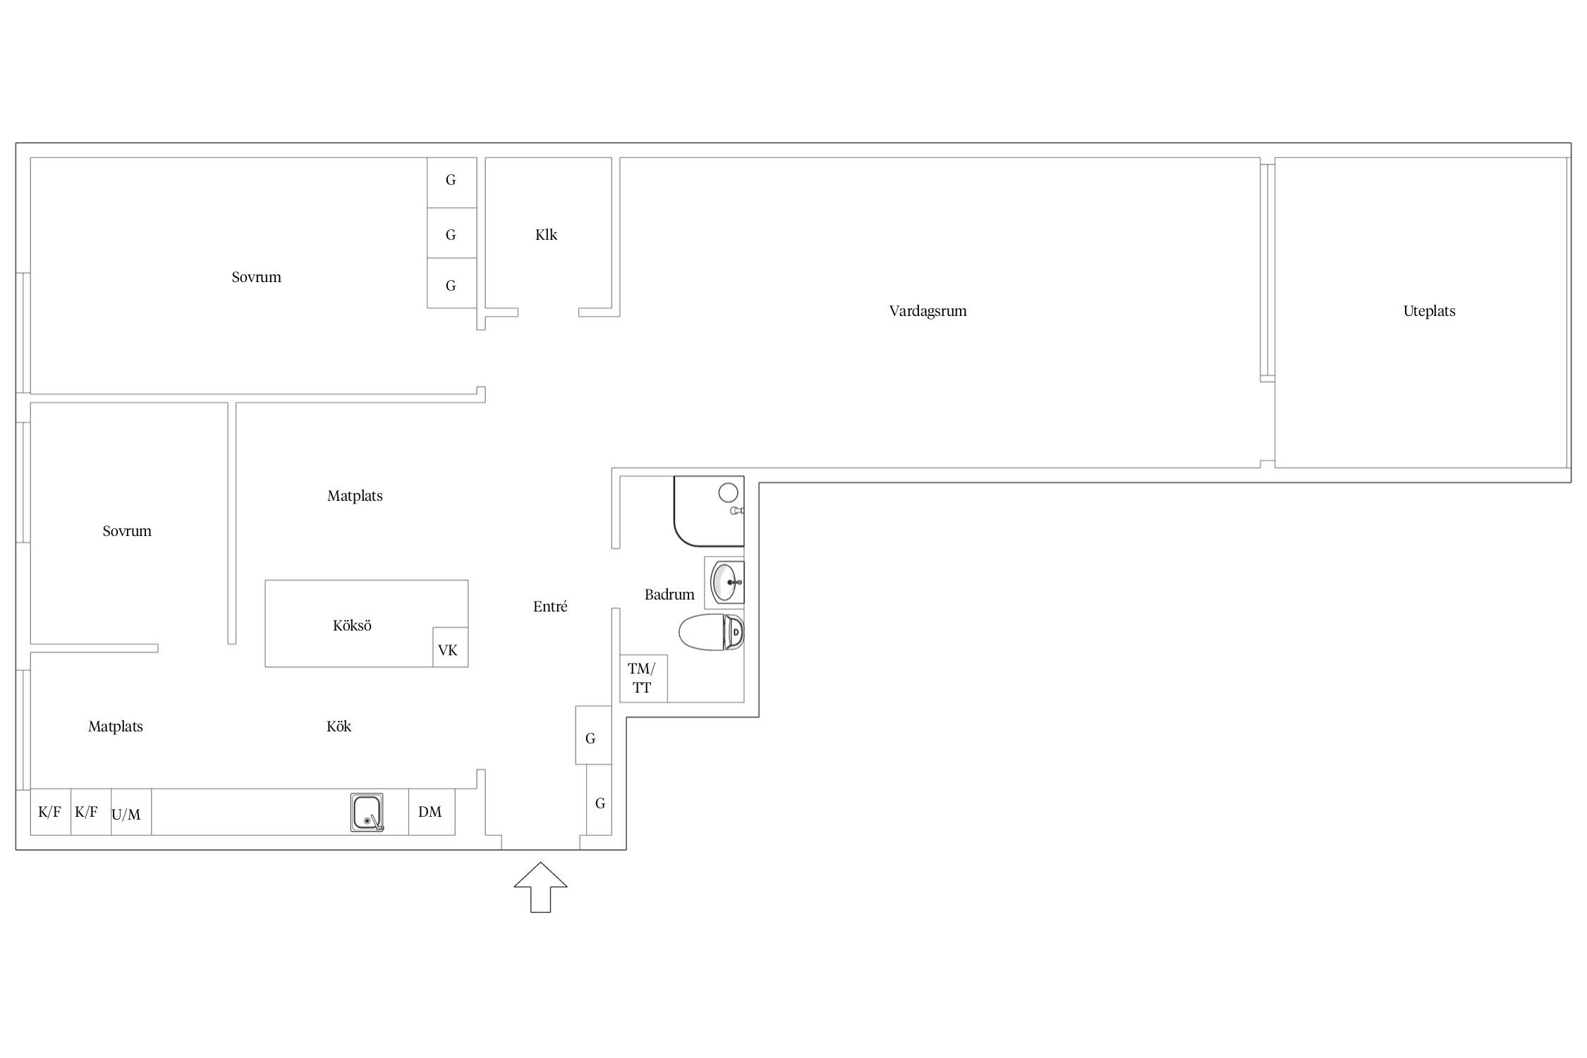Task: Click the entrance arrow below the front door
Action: coord(540,887)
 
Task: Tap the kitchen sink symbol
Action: coord(367,812)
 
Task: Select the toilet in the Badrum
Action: coord(711,632)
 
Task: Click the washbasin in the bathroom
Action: coord(727,583)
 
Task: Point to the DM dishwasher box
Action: coord(432,812)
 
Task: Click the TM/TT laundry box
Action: coord(643,679)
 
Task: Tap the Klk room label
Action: coord(546,235)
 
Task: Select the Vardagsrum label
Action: coord(928,311)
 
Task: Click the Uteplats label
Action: coord(1429,311)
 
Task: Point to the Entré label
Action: coord(550,607)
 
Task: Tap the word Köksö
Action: coord(352,626)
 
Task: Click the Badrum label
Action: coord(669,595)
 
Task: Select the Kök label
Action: coord(339,726)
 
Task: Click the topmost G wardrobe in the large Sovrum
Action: coord(452,182)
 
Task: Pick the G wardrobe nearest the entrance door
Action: coord(599,800)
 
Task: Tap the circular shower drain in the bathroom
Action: coord(728,492)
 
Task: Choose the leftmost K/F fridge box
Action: coord(50,812)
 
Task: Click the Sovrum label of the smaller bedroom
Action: coord(127,531)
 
